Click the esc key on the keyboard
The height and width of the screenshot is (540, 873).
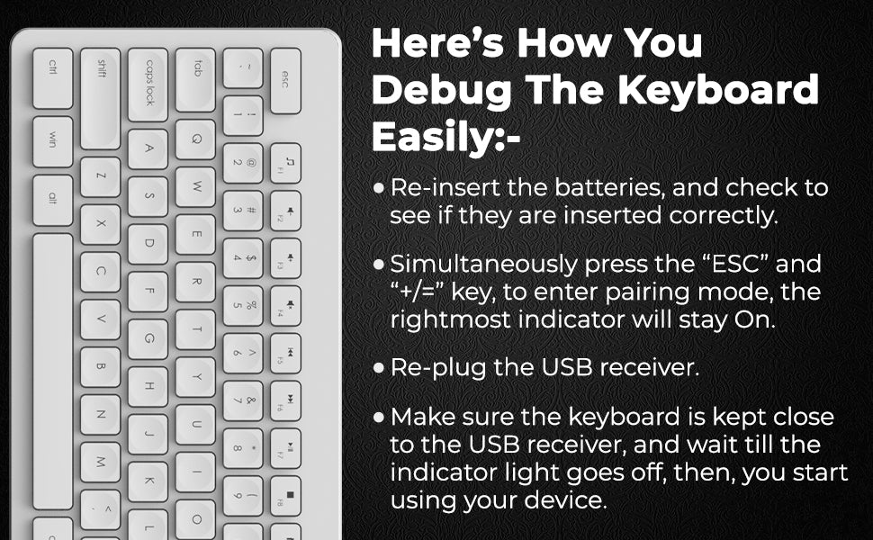pos(285,81)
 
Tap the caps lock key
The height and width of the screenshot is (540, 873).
pos(148,85)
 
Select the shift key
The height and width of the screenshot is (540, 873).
pos(100,98)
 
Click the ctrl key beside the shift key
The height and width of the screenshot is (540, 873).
pos(53,78)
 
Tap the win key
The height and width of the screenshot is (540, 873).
pos(53,141)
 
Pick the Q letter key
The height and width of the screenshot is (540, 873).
pos(195,139)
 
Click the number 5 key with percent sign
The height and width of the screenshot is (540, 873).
pos(243,306)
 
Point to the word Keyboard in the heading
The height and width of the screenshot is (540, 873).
pos(718,90)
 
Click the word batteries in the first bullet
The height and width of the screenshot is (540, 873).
pos(609,187)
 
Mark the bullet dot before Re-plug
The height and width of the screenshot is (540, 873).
pos(379,368)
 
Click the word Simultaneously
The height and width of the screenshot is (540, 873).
pos(483,265)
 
